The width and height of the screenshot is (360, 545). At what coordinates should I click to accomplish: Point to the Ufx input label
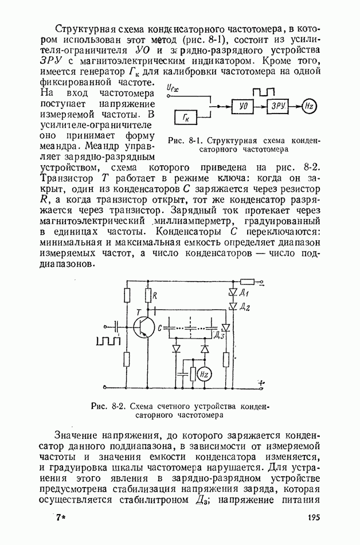pos(171,88)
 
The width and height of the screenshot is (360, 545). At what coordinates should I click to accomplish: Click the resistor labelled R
pos(148,295)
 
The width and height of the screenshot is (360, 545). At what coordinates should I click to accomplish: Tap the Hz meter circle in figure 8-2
pos(205,373)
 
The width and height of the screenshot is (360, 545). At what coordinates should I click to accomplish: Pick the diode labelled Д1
pos(233,292)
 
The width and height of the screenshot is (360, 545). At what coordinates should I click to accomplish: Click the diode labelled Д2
pos(233,307)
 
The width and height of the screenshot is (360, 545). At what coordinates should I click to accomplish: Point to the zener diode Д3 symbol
pos(226,328)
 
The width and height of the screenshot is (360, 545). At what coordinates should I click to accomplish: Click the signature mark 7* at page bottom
pos(61,517)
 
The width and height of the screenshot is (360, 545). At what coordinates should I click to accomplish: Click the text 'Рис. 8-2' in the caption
pos(105,406)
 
